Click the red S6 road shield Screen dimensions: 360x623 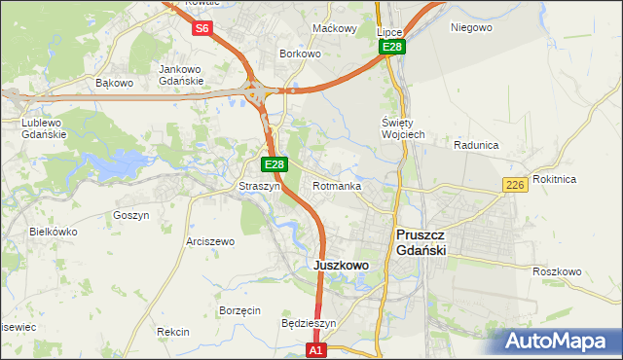tap(202, 28)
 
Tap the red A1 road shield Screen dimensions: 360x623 tap(314, 349)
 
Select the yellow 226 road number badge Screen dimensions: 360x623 tap(516, 185)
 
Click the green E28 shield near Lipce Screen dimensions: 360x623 tap(392, 47)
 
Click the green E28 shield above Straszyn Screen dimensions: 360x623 tap(275, 165)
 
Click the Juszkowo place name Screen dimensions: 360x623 tap(341, 265)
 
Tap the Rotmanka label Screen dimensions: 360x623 tap(338, 186)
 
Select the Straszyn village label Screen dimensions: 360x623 tap(260, 186)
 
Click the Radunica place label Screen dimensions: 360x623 tap(476, 145)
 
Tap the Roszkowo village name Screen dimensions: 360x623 tap(557, 271)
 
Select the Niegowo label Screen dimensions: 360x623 tap(471, 27)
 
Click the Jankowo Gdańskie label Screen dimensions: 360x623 tap(181, 75)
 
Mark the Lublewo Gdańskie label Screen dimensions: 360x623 tap(44, 128)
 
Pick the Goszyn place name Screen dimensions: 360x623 tap(131, 215)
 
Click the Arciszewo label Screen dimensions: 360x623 tap(211, 241)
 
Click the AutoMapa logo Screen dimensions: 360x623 tap(558, 342)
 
